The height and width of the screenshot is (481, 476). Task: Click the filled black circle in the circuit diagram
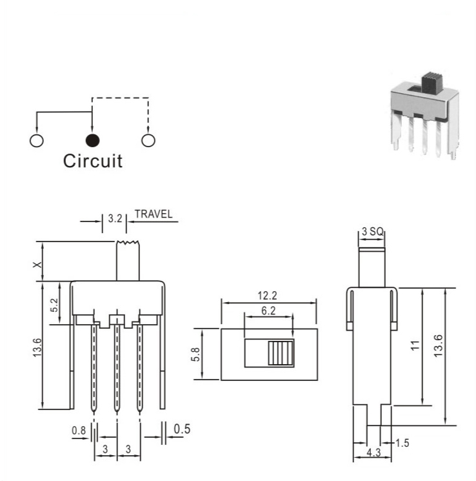[92, 141]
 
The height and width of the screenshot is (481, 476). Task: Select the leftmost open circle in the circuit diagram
[37, 141]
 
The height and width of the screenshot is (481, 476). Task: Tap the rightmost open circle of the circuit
[148, 141]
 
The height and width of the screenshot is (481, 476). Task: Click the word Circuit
[93, 161]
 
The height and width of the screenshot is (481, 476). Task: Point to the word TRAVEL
[154, 214]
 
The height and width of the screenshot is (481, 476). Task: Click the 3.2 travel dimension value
[115, 218]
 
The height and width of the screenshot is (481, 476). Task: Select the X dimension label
[37, 265]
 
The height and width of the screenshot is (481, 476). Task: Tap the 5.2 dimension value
[54, 305]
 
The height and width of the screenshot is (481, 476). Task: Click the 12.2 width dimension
[267, 296]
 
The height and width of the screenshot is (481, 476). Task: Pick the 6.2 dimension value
[268, 311]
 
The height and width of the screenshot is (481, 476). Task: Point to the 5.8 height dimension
[195, 354]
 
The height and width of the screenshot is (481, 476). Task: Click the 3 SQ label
[372, 231]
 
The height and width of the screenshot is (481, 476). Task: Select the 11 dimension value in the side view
[415, 345]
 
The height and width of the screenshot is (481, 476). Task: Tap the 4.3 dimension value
[373, 453]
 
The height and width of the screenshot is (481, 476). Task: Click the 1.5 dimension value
[402, 443]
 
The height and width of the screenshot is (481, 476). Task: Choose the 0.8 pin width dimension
[79, 431]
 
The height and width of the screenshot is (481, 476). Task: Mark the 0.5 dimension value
[182, 429]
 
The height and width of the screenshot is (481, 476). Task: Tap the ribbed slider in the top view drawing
[281, 353]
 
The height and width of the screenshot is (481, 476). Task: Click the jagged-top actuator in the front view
[128, 261]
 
